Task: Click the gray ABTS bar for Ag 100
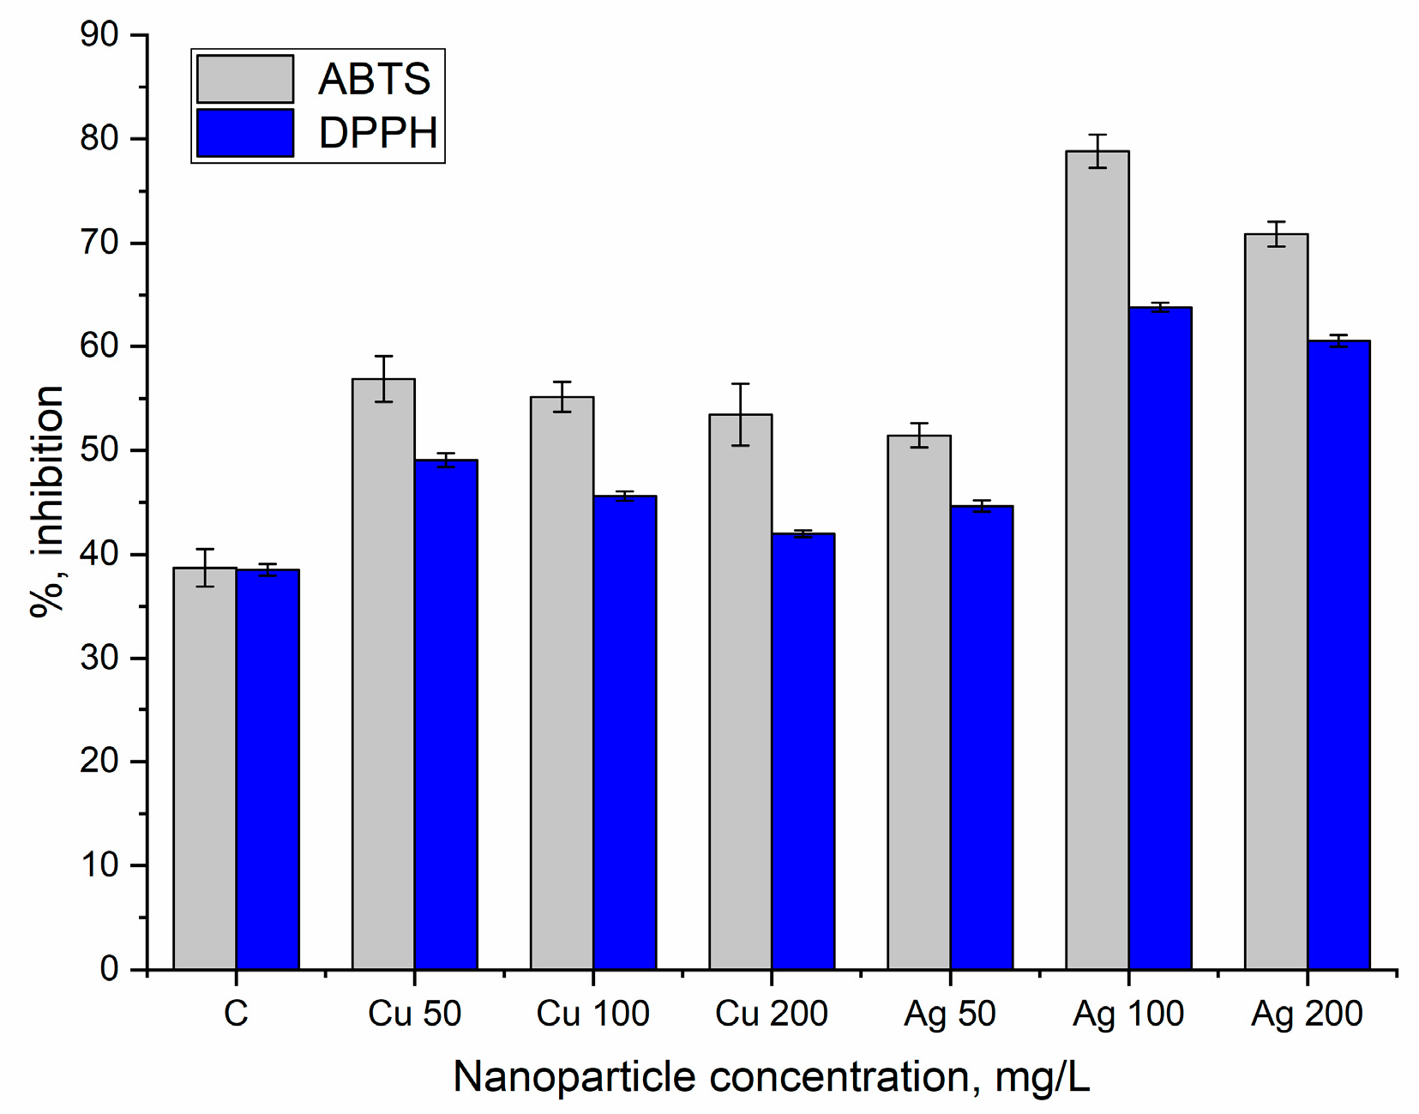click(1097, 557)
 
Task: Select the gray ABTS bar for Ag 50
click(919, 703)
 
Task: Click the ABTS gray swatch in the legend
click(245, 79)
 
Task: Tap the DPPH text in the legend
click(377, 133)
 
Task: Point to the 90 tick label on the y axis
click(99, 35)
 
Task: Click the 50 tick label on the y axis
click(99, 450)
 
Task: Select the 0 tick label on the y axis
click(109, 969)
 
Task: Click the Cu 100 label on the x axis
click(592, 1014)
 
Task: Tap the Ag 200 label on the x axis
click(1307, 1014)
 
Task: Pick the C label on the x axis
click(236, 1014)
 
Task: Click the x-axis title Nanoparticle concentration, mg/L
click(771, 1077)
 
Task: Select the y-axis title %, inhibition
click(47, 502)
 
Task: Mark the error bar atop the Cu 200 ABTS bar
click(741, 414)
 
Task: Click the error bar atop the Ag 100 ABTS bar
click(1097, 151)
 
